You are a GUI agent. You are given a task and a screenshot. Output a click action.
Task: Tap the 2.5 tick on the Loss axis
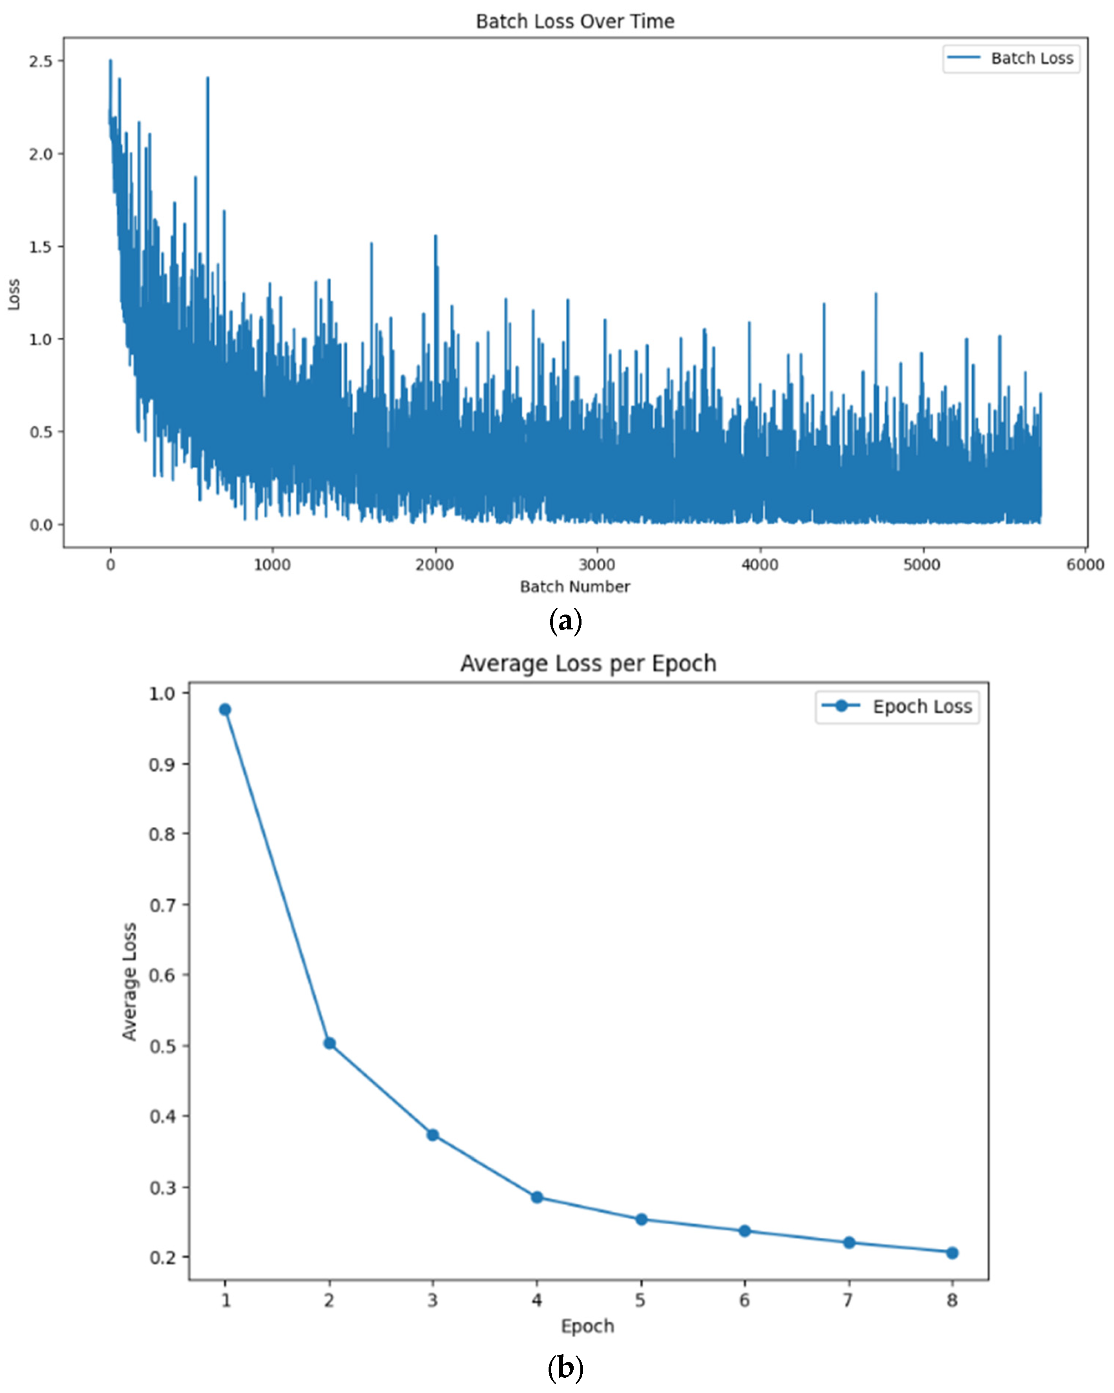pyautogui.click(x=41, y=62)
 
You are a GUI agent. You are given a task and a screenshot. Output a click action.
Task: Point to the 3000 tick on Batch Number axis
pyautogui.click(x=596, y=565)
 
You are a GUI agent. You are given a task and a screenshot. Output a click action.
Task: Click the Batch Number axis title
pyautogui.click(x=574, y=587)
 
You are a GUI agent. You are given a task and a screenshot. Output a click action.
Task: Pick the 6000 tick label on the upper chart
pyautogui.click(x=1084, y=565)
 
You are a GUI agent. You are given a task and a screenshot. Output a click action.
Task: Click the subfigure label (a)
pyautogui.click(x=565, y=622)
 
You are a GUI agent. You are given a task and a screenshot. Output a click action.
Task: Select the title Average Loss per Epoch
pyautogui.click(x=588, y=664)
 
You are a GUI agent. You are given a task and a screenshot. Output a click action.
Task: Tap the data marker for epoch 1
pyautogui.click(x=225, y=709)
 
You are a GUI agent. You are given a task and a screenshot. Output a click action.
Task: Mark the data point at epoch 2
pyautogui.click(x=329, y=1044)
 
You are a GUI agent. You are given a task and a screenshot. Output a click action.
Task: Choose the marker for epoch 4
pyautogui.click(x=536, y=1197)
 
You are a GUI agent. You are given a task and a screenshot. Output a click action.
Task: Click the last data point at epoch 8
pyautogui.click(x=952, y=1253)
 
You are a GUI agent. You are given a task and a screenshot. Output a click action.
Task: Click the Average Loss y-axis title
pyautogui.click(x=130, y=982)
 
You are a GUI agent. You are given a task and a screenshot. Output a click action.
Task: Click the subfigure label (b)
pyautogui.click(x=565, y=1368)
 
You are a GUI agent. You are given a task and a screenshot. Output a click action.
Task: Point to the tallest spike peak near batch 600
pyautogui.click(x=207, y=78)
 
